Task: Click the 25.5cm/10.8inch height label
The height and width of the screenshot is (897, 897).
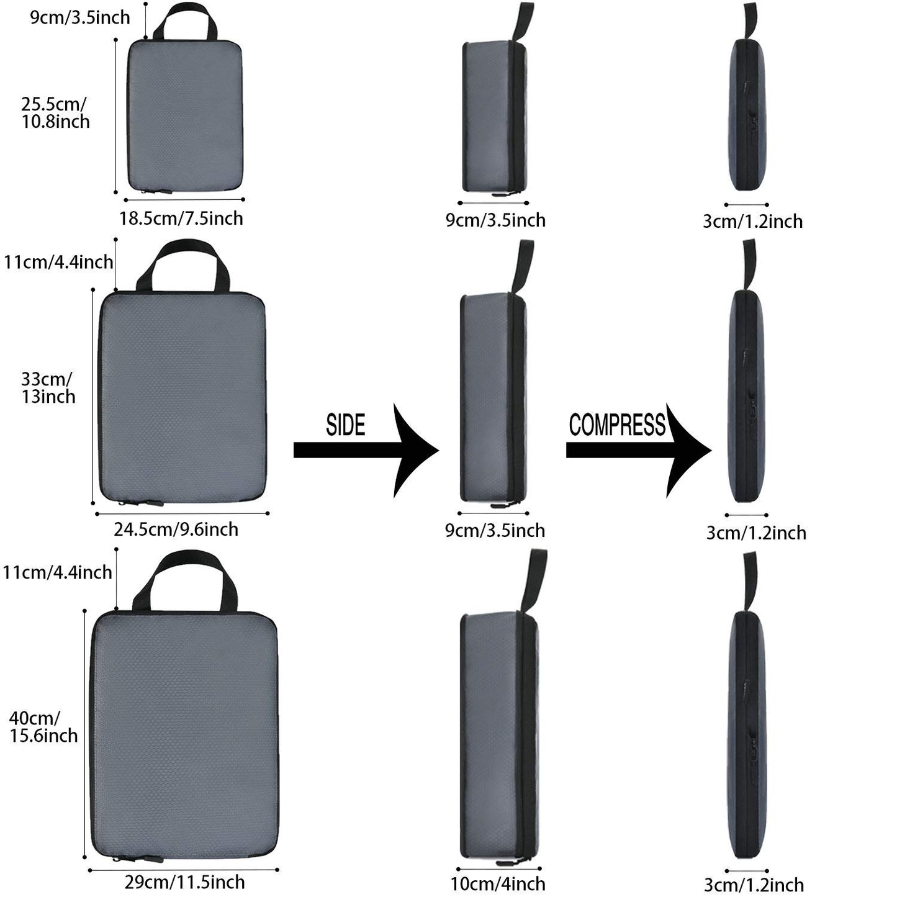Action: click(56, 112)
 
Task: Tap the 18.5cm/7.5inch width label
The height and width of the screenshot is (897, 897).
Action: click(181, 219)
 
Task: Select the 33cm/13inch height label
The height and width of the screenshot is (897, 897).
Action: click(48, 387)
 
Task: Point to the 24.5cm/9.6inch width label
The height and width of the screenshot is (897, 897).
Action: click(176, 529)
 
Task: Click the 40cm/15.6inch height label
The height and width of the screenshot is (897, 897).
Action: click(43, 727)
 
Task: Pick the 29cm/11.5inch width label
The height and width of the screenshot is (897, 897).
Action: click(185, 882)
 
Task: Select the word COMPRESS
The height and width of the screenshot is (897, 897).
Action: click(617, 425)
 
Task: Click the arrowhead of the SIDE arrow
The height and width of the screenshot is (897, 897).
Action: click(416, 450)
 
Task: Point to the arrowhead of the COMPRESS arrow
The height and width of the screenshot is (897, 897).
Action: click(689, 450)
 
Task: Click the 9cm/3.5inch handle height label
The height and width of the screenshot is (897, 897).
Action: click(81, 17)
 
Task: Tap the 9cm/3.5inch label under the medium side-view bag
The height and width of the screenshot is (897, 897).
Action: click(495, 530)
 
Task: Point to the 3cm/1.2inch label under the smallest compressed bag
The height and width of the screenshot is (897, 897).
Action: click(752, 221)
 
